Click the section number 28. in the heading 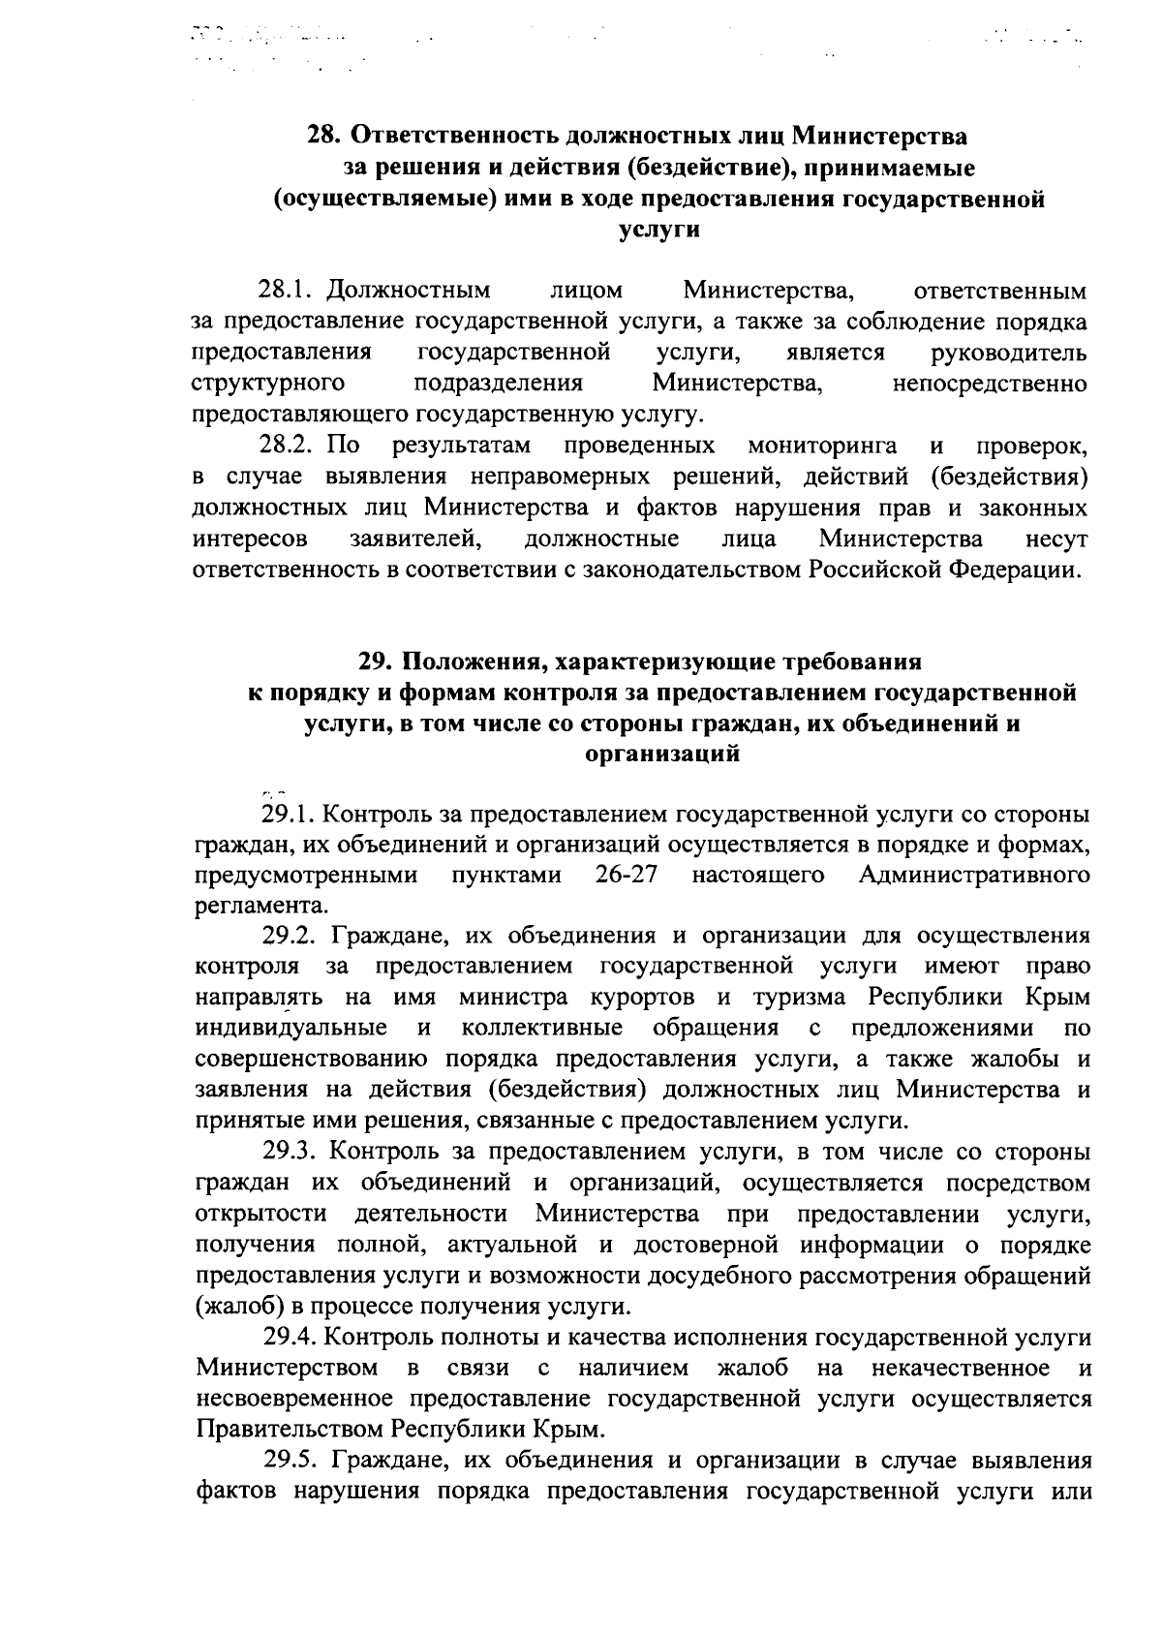(x=323, y=135)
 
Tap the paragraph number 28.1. (x=289, y=291)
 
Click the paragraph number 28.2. (x=289, y=446)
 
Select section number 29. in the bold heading (x=375, y=662)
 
